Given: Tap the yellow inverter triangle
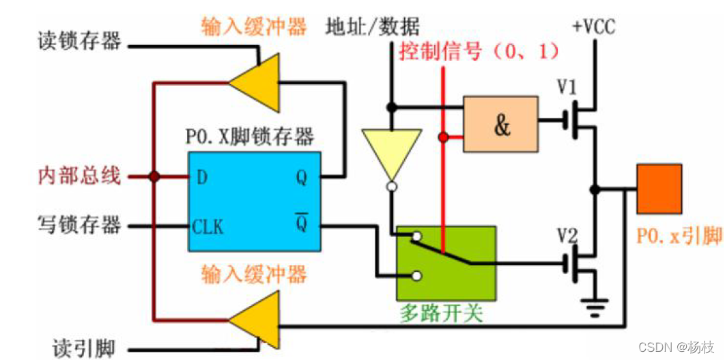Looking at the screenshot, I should coord(391,150).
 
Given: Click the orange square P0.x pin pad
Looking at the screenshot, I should coord(658,189).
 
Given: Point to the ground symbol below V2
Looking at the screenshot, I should coord(595,307).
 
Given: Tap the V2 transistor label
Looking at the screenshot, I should coord(567,236).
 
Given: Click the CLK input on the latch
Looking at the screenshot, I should coord(207,226).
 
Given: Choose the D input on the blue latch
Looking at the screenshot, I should coord(201,178).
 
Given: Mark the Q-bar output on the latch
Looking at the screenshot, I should coord(300,225).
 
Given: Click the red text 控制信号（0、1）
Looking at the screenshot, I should coord(479,51).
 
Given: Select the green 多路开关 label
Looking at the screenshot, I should coord(441,314).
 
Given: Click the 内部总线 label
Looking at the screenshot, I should coord(79,176).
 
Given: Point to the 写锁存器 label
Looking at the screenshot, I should coord(79,224).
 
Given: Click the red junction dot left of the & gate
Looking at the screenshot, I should coord(444,138).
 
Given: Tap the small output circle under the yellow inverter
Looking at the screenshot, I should coord(391,186).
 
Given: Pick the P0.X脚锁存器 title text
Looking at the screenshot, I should coord(250,137).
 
